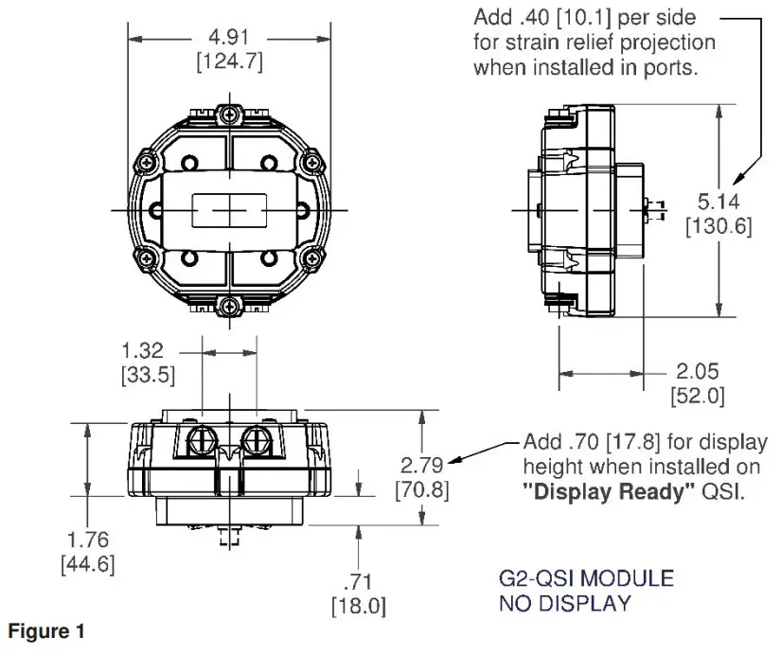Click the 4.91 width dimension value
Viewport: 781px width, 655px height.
228,39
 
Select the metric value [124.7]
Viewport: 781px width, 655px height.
228,62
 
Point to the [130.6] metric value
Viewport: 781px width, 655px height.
718,228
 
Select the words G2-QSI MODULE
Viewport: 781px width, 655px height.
586,577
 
